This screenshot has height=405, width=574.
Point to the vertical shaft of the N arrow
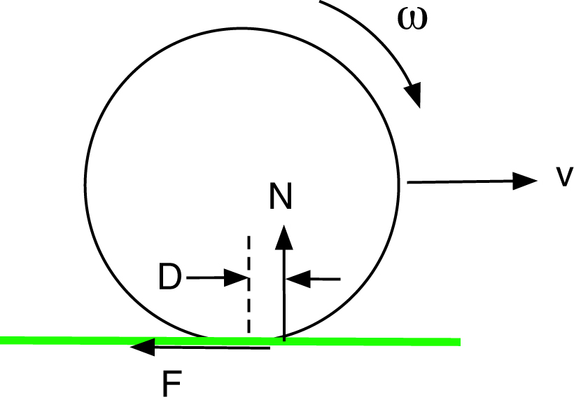(x=283, y=294)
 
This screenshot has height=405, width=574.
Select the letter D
(x=170, y=279)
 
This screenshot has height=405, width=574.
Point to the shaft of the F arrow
(x=210, y=347)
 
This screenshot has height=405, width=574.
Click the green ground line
(x=392, y=341)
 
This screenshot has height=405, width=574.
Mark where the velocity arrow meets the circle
(x=407, y=182)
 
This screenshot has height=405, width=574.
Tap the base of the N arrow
(x=283, y=340)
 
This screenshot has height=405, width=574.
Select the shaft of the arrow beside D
(x=206, y=278)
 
